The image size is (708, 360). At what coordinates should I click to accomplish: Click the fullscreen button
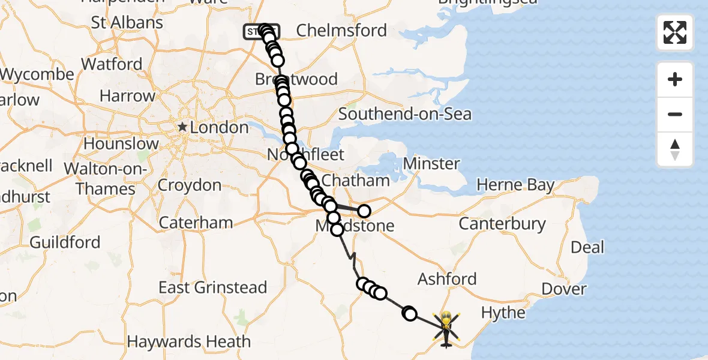click(x=675, y=32)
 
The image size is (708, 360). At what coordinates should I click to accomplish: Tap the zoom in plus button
click(x=675, y=79)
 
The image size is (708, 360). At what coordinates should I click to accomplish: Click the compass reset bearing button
click(x=675, y=149)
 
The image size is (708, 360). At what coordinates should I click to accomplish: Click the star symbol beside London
click(x=182, y=127)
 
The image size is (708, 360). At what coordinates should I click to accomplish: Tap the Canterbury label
click(x=502, y=224)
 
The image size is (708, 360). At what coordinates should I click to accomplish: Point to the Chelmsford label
click(x=341, y=30)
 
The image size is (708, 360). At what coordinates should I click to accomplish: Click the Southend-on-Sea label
click(x=405, y=114)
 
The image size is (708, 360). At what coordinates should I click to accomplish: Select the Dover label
click(x=563, y=289)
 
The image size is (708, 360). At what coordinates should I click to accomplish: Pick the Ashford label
click(x=447, y=279)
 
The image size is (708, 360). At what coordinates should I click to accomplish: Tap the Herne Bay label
click(x=515, y=185)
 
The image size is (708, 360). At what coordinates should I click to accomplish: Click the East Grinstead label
click(x=212, y=287)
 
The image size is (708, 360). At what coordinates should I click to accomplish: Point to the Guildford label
click(x=64, y=242)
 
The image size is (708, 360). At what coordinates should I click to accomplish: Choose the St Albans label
click(x=127, y=23)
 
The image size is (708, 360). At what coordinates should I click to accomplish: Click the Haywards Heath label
click(x=189, y=342)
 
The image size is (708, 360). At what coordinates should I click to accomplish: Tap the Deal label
click(x=587, y=247)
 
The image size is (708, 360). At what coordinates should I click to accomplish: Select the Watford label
click(x=112, y=64)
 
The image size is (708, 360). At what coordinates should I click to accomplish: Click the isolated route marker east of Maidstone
click(x=364, y=211)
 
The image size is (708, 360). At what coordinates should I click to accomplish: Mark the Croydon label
click(x=190, y=185)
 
